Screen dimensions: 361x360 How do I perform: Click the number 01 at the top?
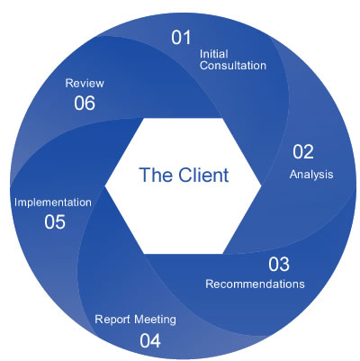(x=182, y=38)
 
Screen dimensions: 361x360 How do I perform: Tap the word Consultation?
(x=232, y=65)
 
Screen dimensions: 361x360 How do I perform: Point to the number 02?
(x=305, y=153)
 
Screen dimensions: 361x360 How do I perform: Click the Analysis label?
(x=311, y=174)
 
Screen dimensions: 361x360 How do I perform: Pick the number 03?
(x=279, y=265)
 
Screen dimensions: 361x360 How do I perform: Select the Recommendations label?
(x=255, y=284)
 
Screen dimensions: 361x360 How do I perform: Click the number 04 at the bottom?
(x=150, y=339)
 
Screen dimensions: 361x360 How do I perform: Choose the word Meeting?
(x=154, y=319)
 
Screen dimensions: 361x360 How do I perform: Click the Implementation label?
(x=53, y=202)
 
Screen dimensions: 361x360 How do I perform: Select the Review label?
(x=85, y=83)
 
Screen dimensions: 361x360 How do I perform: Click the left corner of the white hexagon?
(x=106, y=184)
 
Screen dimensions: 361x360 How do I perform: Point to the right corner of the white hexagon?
(x=262, y=184)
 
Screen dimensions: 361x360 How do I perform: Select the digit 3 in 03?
(x=285, y=265)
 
